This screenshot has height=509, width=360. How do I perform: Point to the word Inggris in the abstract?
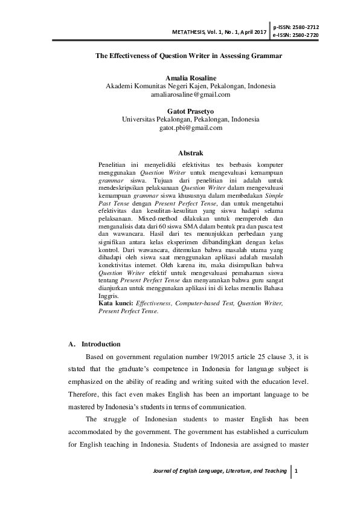108,297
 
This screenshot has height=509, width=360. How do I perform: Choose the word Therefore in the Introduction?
85,394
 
